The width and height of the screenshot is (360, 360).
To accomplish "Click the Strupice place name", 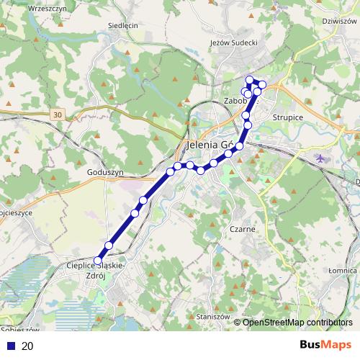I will [288, 117].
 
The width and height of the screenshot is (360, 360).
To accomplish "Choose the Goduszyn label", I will [105, 173].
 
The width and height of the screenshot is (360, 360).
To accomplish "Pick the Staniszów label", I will [212, 316].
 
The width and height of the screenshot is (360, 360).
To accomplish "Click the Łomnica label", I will [343, 270].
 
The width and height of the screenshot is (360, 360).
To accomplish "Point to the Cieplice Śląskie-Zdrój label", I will [96, 271].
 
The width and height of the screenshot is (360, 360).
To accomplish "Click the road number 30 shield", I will [58, 114].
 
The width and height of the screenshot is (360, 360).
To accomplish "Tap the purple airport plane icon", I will [320, 157].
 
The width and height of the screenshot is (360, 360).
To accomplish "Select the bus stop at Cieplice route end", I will [99, 261].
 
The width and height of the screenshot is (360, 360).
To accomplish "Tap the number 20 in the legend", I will [27, 346].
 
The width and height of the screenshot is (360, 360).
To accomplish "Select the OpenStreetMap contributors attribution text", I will [297, 323].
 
